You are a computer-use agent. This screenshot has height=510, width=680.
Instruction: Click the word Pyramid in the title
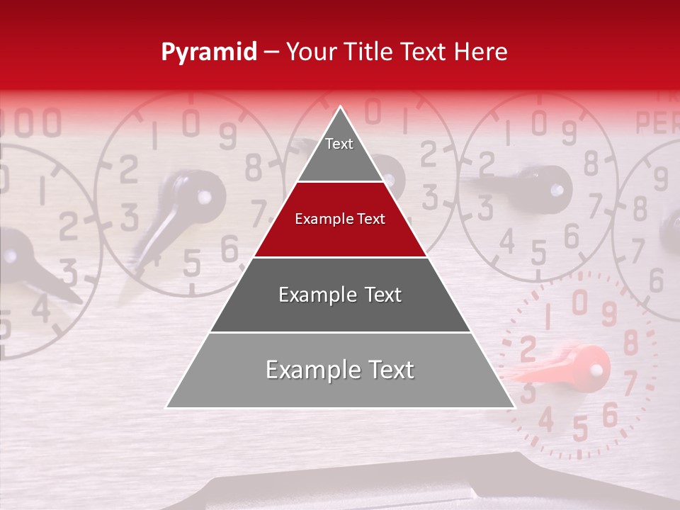(x=209, y=52)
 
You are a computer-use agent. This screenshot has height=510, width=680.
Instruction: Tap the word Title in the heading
(x=370, y=52)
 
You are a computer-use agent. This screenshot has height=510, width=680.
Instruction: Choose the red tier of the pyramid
(x=340, y=220)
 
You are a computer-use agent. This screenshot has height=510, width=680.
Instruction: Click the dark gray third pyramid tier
(x=340, y=295)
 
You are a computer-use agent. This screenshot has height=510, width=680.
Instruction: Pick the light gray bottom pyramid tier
(x=340, y=370)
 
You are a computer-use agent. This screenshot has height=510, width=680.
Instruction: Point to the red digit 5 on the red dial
(x=579, y=429)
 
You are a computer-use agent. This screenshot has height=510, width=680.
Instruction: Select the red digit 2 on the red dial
(x=528, y=348)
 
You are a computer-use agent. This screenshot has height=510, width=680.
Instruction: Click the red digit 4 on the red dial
(x=546, y=420)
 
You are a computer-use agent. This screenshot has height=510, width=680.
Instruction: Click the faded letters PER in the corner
(x=657, y=122)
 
